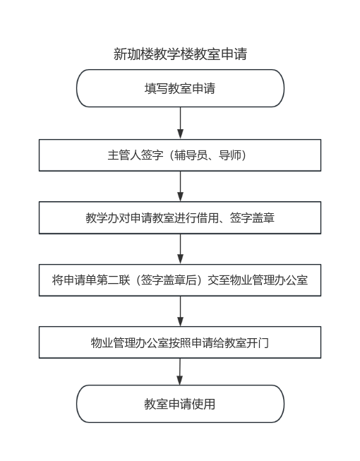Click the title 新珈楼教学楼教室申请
(x=180, y=54)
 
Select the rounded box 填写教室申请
(x=180, y=88)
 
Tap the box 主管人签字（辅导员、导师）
(x=180, y=155)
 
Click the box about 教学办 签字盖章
(x=180, y=218)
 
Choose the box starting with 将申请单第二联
(x=180, y=280)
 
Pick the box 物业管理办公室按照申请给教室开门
(x=180, y=342)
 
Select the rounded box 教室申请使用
(x=180, y=404)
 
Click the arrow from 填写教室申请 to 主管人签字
(x=181, y=123)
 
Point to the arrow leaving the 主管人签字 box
(x=181, y=186)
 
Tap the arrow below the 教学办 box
(x=181, y=249)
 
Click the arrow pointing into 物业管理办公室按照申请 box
(x=181, y=311)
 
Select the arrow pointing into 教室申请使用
(x=180, y=371)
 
